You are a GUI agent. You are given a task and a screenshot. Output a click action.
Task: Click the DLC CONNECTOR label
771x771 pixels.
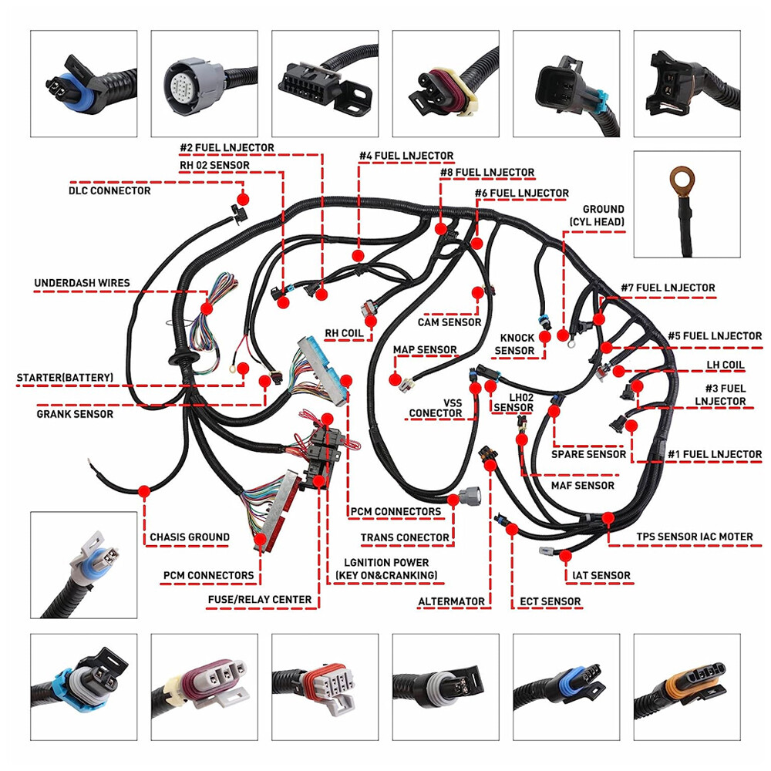pos(109,190)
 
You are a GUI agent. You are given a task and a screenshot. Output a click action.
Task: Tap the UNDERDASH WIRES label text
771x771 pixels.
pos(82,283)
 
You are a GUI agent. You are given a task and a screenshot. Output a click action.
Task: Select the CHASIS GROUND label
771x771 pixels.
pos(189,537)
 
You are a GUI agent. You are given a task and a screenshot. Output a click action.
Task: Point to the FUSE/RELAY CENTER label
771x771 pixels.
pos(260,599)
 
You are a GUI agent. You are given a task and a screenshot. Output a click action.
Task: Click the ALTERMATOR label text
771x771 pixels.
pos(451,601)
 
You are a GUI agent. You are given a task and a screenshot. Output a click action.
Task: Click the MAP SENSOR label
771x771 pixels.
pos(425,349)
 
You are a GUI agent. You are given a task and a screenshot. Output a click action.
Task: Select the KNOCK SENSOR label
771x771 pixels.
pos(514,345)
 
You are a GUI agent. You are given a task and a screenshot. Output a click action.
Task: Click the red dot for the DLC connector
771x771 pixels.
pos(242,199)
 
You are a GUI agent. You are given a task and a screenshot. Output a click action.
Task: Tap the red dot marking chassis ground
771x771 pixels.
pos(144,490)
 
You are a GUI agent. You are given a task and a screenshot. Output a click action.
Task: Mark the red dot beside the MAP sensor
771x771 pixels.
pos(395,380)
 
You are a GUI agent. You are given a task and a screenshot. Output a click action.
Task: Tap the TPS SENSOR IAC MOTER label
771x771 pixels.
pos(694,537)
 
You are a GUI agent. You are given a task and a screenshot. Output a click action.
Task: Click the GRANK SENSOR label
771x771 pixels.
pos(75,414)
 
